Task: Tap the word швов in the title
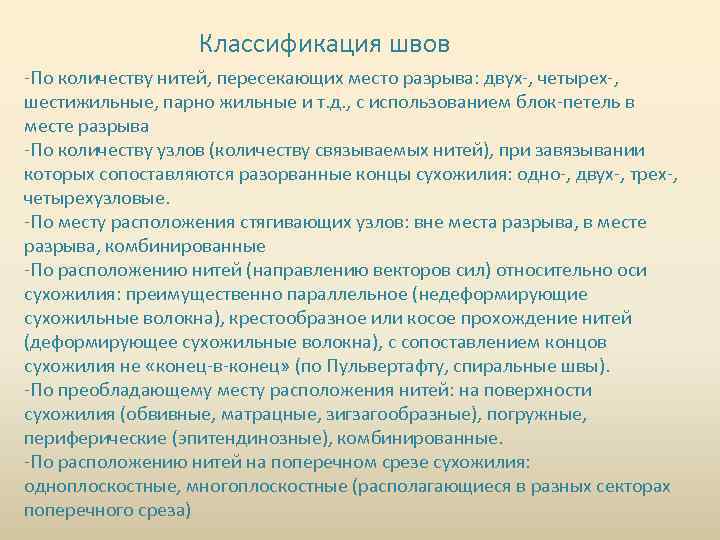(414, 44)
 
